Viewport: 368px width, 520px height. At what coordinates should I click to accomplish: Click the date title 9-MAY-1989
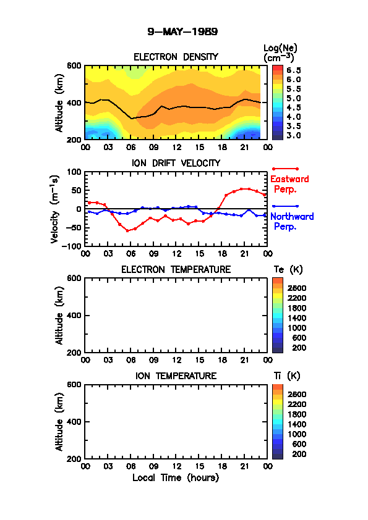(x=182, y=32)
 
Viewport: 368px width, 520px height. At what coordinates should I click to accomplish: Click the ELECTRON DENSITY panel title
(x=176, y=57)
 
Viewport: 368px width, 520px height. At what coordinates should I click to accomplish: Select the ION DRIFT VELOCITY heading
(x=176, y=163)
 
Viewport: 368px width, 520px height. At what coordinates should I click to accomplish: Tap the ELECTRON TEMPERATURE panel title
(x=176, y=270)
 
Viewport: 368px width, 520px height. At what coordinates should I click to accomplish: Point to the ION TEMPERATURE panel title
(x=176, y=375)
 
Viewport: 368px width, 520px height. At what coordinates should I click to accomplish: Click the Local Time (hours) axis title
(x=176, y=478)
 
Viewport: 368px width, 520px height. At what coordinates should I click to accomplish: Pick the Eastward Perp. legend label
(x=289, y=184)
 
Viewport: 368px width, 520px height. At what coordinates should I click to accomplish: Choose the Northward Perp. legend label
(x=292, y=222)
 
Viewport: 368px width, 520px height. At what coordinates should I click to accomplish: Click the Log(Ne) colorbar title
(x=280, y=53)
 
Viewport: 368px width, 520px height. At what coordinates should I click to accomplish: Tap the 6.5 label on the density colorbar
(x=294, y=70)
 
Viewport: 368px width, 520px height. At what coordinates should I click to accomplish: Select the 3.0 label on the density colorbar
(x=294, y=135)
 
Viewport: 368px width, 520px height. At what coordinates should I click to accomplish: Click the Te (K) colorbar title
(x=288, y=270)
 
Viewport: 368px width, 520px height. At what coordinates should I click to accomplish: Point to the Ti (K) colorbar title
(x=287, y=375)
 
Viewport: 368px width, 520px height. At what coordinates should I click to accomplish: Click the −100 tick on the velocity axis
(x=73, y=246)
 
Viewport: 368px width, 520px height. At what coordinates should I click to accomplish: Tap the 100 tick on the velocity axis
(x=74, y=172)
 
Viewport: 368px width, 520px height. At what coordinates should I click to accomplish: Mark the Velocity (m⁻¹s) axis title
(x=55, y=209)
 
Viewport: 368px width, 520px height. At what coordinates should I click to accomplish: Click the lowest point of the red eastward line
(x=127, y=230)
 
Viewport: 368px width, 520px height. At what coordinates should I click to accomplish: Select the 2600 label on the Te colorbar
(x=297, y=288)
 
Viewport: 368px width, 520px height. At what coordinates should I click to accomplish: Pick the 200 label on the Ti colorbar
(x=299, y=454)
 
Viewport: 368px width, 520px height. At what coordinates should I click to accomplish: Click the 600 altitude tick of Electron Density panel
(x=74, y=65)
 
